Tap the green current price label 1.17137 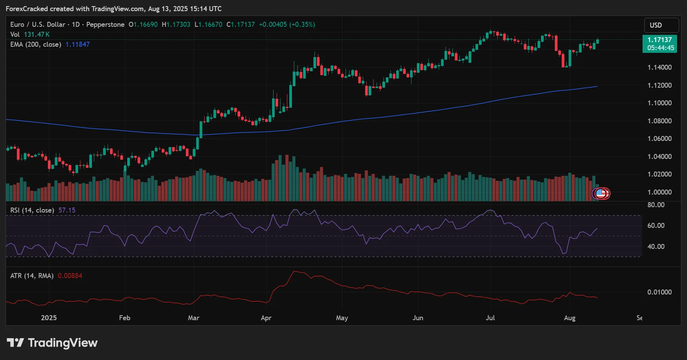(x=659, y=40)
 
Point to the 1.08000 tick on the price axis (x=659, y=121)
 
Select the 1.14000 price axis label (x=659, y=67)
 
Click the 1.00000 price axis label (x=659, y=192)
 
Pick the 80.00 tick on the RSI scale (x=656, y=205)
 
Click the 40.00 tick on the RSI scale (x=656, y=247)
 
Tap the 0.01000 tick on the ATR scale (x=659, y=292)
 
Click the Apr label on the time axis (x=266, y=318)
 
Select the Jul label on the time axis (x=490, y=318)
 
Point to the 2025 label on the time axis (x=49, y=318)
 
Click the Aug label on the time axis (x=569, y=318)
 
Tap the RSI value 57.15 (x=67, y=210)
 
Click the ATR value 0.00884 (x=70, y=276)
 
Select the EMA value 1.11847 (x=77, y=44)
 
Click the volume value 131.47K (x=37, y=34)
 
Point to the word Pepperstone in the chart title (x=105, y=25)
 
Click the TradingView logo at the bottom (x=52, y=343)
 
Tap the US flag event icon (x=600, y=194)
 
